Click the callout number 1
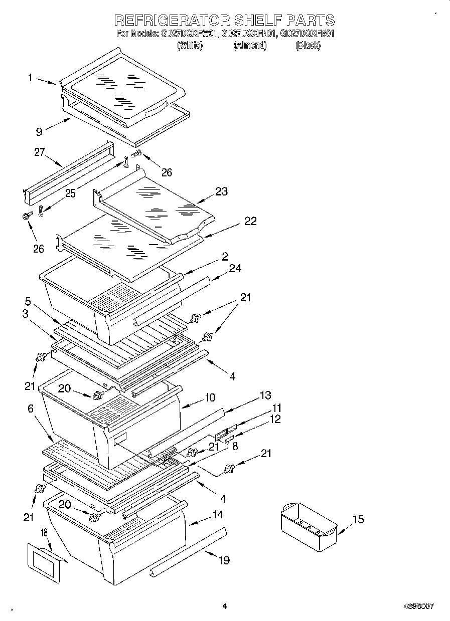[30, 78]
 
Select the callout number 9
[39, 132]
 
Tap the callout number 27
[40, 153]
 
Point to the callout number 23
[221, 191]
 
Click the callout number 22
[250, 221]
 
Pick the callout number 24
[235, 269]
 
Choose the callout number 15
[358, 520]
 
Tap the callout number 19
[224, 560]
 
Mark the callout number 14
[217, 514]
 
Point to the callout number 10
[209, 397]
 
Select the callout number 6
[30, 408]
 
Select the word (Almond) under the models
[250, 46]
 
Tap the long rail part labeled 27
[68, 170]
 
